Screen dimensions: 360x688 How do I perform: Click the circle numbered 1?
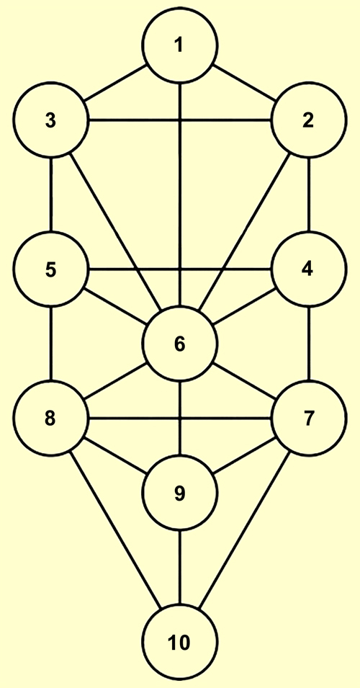[x=180, y=45]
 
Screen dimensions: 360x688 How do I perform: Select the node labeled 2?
[x=308, y=120]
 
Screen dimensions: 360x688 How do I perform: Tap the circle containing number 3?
[x=51, y=120]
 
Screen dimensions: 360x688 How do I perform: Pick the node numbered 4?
[x=308, y=269]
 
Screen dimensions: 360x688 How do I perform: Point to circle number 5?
[x=51, y=269]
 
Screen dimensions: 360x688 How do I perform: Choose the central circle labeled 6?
[x=180, y=343]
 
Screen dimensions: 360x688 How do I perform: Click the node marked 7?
[x=308, y=418]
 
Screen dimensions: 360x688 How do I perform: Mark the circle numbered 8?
[x=51, y=418]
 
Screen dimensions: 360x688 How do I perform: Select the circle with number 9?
[x=180, y=492]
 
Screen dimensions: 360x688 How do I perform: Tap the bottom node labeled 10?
[x=180, y=641]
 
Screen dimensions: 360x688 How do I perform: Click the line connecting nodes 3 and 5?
[x=51, y=195]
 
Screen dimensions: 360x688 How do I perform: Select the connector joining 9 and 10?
[x=180, y=567]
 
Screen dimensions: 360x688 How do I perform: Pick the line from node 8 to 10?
[x=116, y=530]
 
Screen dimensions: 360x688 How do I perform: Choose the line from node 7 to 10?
[x=244, y=530]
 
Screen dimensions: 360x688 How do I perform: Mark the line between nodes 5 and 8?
[x=51, y=343]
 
